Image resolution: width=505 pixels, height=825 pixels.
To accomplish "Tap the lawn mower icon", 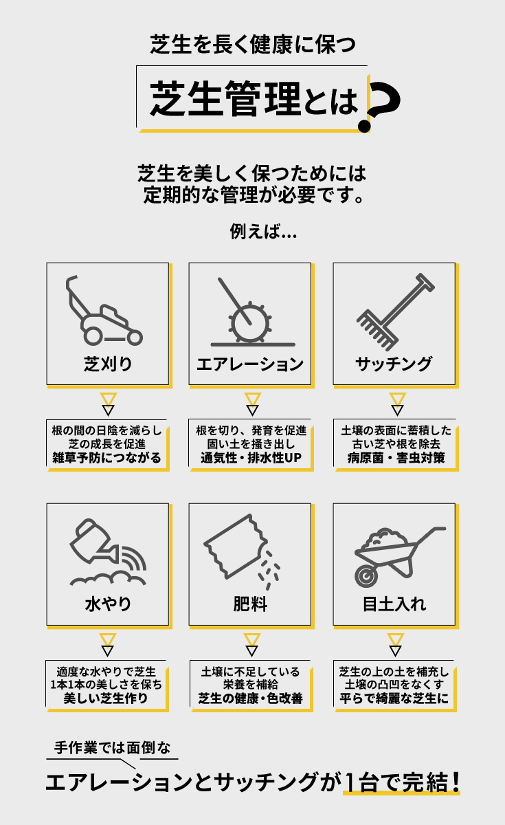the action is point(104,311).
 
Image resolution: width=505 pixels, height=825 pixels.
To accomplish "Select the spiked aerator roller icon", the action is point(250,322).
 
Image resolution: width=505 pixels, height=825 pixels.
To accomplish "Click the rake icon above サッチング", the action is point(396,311).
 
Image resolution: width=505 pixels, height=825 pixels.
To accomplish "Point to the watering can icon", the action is point(108,551).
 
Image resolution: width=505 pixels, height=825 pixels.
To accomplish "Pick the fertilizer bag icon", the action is point(241,551).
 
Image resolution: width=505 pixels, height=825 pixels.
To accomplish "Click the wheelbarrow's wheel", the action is point(366,575).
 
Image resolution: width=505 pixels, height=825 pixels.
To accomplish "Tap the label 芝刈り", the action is point(107,364).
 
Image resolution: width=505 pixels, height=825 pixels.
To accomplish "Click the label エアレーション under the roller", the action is point(250,364).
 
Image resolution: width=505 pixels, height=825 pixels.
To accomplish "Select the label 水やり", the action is point(108,604).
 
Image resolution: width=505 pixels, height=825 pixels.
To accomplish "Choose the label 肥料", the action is point(250,604).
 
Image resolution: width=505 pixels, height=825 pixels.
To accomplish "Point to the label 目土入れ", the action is point(394,604).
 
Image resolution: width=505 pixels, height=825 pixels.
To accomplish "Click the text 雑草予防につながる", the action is point(106,458).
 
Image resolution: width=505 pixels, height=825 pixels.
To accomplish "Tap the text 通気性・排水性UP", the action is point(251,458).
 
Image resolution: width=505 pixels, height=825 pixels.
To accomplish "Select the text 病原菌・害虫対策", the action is point(396,458).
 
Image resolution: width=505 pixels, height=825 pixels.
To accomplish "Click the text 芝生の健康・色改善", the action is point(250,698).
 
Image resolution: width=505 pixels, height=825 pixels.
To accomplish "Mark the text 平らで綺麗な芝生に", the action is point(394,698).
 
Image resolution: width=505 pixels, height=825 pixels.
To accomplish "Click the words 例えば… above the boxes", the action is point(263,232).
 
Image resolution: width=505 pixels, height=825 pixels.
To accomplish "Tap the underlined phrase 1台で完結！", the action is point(402,782).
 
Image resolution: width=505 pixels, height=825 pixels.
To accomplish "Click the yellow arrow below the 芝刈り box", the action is point(109,399).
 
